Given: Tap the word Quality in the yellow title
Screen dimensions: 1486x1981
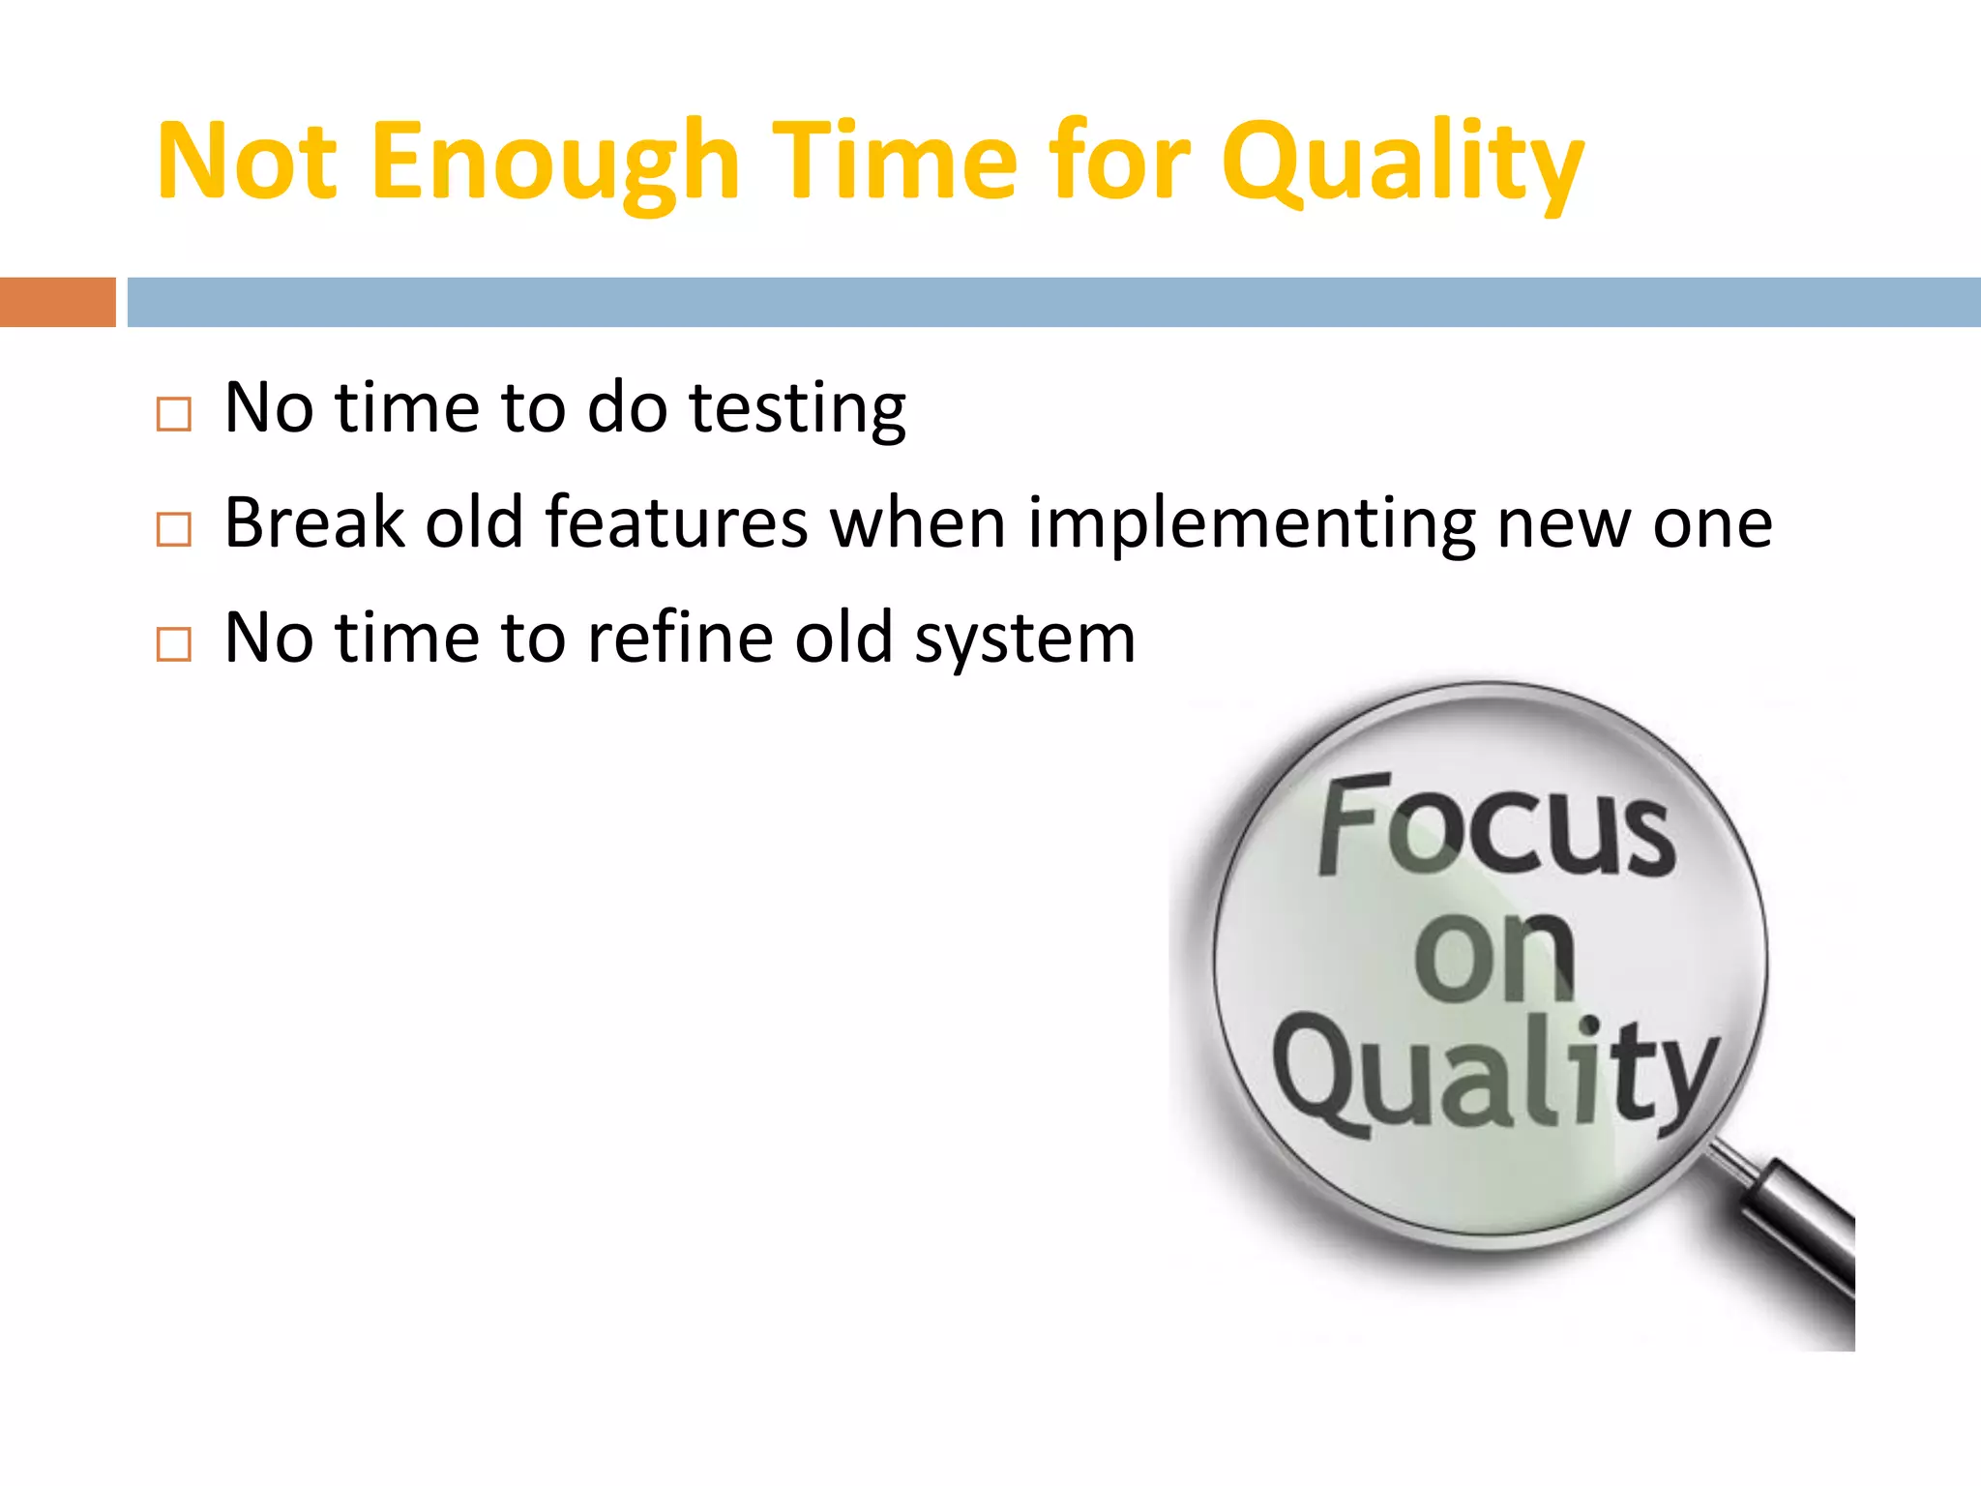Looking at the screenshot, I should pos(1402,163).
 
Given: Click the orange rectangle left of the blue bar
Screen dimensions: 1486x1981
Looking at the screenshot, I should pos(57,302).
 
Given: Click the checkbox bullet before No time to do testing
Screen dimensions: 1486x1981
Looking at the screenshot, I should pos(174,414).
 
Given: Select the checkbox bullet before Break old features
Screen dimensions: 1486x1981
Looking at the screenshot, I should pos(174,529).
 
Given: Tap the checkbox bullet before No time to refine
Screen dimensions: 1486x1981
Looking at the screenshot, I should pos(174,643).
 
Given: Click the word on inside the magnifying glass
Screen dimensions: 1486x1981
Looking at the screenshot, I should pos(1494,958).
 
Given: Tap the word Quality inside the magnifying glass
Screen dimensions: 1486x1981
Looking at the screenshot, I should pos(1494,1074).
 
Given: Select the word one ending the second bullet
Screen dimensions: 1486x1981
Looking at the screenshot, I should pos(1712,525).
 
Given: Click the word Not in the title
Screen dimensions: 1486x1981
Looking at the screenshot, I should pos(247,163).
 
